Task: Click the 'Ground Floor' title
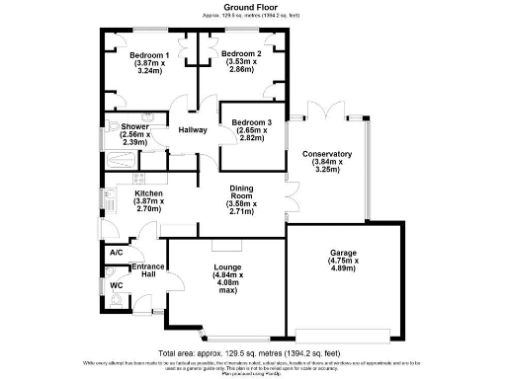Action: pos(252,7)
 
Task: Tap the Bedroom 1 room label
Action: pos(152,54)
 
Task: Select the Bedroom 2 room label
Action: pos(241,54)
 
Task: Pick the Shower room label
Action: pos(134,126)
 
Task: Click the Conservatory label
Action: pos(327,154)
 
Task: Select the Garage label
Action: pos(344,253)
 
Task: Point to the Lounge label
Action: pos(228,266)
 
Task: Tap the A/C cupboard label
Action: pos(115,253)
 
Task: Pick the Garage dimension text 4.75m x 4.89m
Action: pos(344,265)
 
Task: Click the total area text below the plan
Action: pos(252,351)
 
